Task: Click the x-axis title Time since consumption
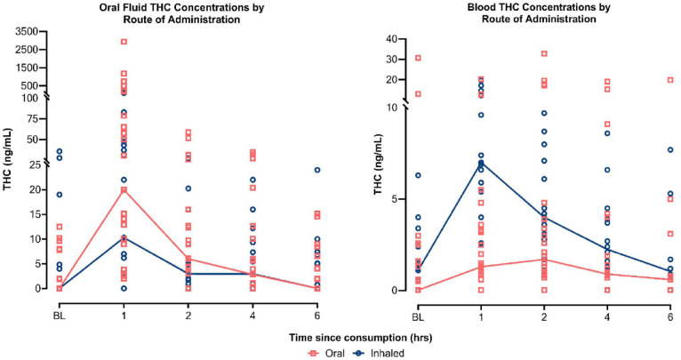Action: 341,334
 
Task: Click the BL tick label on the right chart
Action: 417,305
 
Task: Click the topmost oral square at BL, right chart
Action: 418,59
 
